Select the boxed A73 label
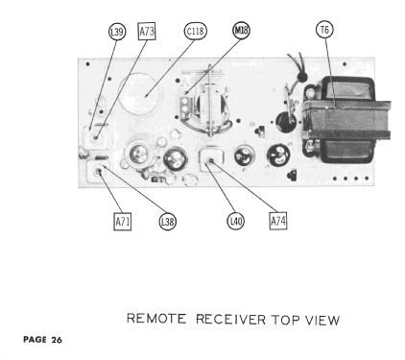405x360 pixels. click(148, 32)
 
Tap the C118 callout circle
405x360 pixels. click(195, 32)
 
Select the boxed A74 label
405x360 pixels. click(278, 222)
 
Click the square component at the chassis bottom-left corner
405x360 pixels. click(97, 174)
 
